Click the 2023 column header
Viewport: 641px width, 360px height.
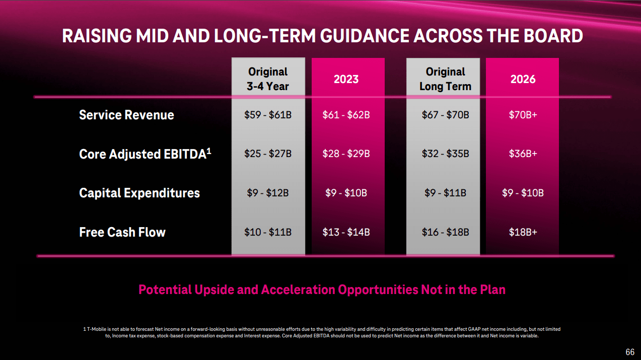coord(346,79)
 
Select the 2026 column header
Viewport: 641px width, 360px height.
coord(523,79)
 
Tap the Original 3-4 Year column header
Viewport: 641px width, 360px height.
coord(268,79)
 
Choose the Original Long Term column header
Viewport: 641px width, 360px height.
coord(445,79)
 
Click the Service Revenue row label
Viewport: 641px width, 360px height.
coord(126,115)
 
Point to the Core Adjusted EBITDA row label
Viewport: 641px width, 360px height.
coord(142,154)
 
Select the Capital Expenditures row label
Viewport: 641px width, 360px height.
coord(139,193)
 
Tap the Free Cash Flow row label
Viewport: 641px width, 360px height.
coord(122,232)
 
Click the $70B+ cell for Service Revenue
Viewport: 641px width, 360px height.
coord(523,115)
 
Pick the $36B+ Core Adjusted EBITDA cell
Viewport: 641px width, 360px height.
coord(523,154)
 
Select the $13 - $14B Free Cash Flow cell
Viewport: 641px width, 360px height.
coord(346,232)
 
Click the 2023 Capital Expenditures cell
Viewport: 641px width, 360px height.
coord(346,193)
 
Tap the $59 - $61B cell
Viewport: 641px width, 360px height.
coord(268,115)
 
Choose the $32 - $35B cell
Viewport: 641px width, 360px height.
coord(445,154)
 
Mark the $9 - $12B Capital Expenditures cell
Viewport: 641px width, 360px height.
coord(268,193)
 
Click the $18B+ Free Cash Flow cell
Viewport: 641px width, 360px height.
coord(523,232)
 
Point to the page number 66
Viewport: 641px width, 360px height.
coord(630,351)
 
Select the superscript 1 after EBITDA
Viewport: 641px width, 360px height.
coord(208,150)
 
